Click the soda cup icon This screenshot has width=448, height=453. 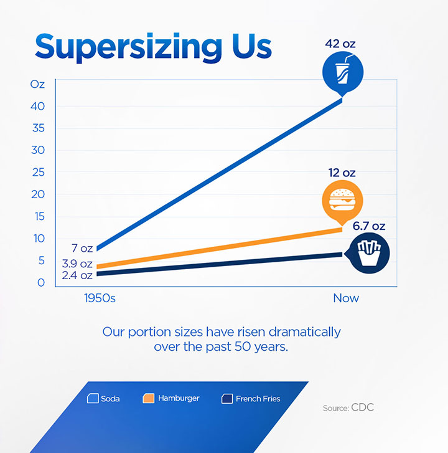pos(342,74)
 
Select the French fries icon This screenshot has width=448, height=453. pos(369,252)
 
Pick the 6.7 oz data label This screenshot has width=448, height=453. pos(369,226)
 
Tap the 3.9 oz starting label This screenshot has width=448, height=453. pos(77,264)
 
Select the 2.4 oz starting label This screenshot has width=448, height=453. pos(77,275)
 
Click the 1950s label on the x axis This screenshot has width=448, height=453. pos(100,298)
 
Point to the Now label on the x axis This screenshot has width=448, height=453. pos(346,298)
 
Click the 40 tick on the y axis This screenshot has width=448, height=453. pos(38,106)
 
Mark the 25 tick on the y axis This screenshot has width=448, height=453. pos(38,172)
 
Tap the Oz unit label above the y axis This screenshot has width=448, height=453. pos(37,84)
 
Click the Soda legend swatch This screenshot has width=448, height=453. pos(94,398)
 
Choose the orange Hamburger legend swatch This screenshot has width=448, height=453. pos(149,398)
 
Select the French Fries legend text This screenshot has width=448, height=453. pos(258,398)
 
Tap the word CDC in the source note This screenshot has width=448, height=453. pos(363,408)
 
